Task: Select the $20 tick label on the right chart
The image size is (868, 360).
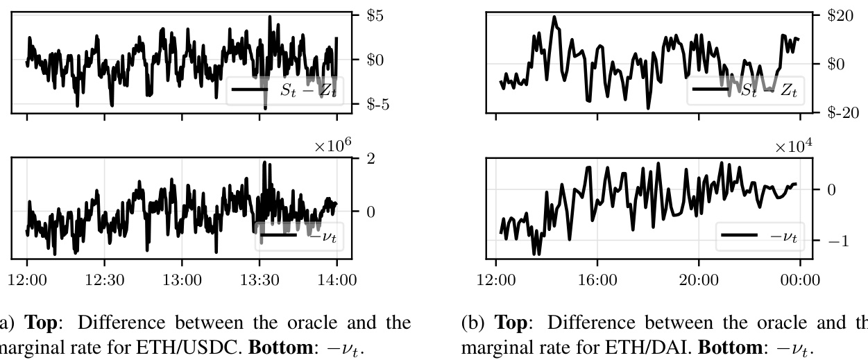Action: point(840,15)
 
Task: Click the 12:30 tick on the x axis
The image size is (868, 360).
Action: point(104,280)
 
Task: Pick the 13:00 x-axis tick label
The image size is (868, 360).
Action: point(182,280)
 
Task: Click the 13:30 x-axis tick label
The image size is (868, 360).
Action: point(259,280)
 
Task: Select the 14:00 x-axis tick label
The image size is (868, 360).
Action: point(337,280)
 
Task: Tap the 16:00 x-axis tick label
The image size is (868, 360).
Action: point(597,280)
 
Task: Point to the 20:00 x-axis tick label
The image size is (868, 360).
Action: point(699,280)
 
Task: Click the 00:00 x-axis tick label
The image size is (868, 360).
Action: point(800,280)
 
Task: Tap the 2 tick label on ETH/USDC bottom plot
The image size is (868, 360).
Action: point(371,159)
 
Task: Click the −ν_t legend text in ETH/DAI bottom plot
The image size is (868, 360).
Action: point(783,236)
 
